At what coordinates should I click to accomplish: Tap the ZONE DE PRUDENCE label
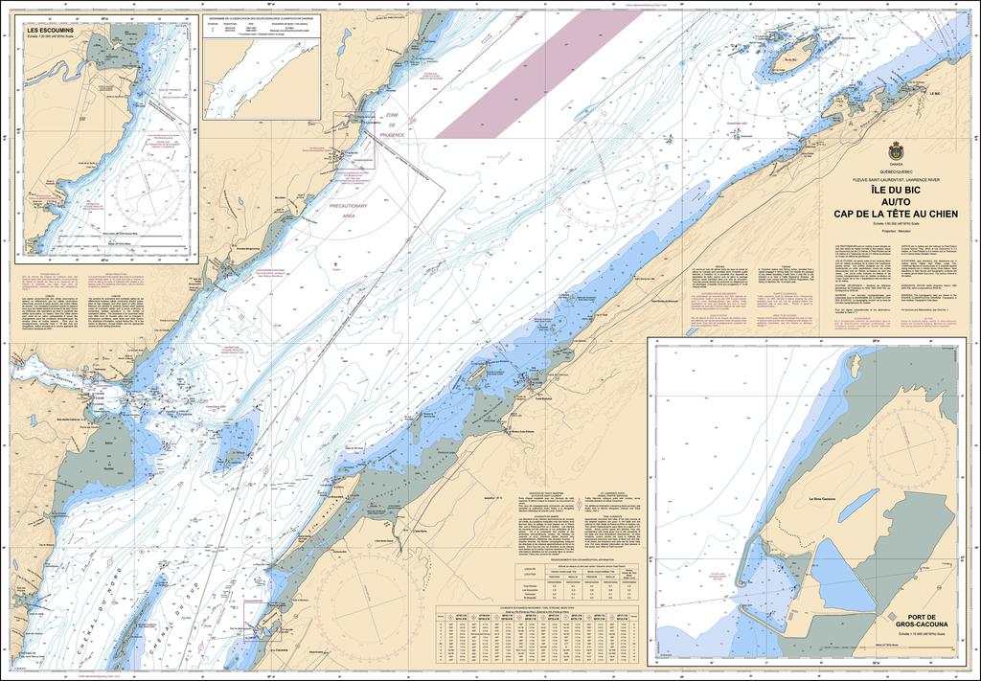click(391, 125)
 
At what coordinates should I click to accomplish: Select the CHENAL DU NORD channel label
click(91, 599)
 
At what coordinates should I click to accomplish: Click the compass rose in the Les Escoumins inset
click(158, 192)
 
